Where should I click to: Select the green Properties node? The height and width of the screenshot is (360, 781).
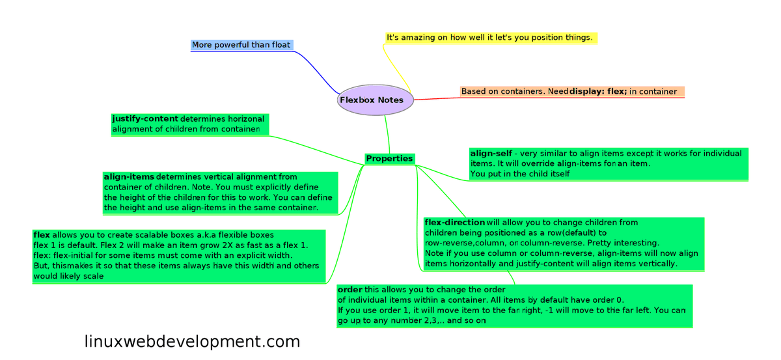pyautogui.click(x=389, y=159)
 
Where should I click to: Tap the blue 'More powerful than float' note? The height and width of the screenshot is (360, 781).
pyautogui.click(x=241, y=45)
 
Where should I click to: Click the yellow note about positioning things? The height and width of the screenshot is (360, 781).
pyautogui.click(x=490, y=38)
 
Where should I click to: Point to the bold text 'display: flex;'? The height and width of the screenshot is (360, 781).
pyautogui.click(x=598, y=92)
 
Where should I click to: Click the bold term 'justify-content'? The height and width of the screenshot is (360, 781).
pyautogui.click(x=144, y=119)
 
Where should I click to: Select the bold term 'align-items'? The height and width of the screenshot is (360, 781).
pyautogui.click(x=129, y=177)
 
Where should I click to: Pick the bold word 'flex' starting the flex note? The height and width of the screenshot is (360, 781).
pyautogui.click(x=42, y=235)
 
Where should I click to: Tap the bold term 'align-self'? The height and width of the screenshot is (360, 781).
pyautogui.click(x=491, y=154)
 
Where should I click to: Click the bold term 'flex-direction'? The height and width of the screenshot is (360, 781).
pyautogui.click(x=454, y=223)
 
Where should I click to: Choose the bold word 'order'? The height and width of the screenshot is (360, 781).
pyautogui.click(x=350, y=290)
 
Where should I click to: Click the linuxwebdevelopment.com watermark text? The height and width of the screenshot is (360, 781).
pyautogui.click(x=192, y=342)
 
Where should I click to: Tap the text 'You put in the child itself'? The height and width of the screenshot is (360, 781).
pyautogui.click(x=520, y=174)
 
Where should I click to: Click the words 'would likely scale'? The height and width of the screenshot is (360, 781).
pyautogui.click(x=68, y=276)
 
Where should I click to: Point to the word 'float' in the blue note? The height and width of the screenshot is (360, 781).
pyautogui.click(x=278, y=45)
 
